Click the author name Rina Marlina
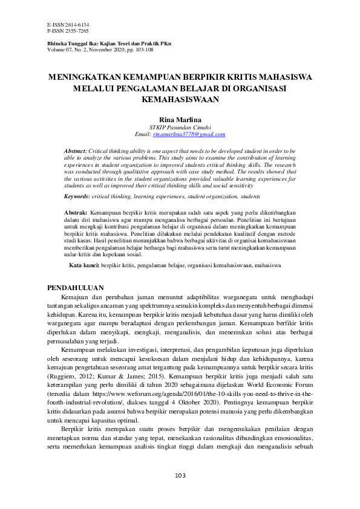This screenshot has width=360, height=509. point(180,120)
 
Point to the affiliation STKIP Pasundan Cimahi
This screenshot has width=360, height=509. point(180,128)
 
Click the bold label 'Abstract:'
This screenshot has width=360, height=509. point(75,149)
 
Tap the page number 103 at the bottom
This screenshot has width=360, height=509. point(180,476)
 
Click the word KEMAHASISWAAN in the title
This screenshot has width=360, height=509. point(180,98)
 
